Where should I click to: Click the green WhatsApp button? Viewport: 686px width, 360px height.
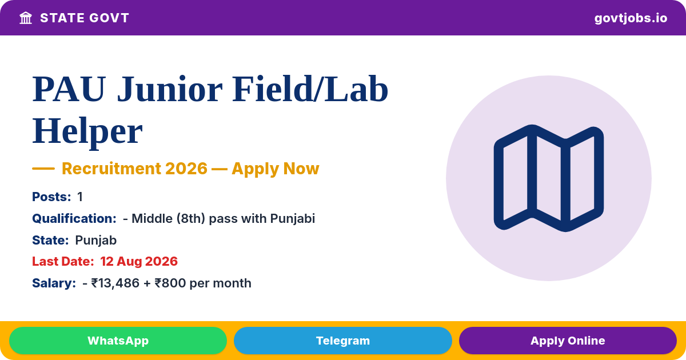(x=118, y=341)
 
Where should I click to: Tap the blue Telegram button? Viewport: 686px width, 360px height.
(x=342, y=341)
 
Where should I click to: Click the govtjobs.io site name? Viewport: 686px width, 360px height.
(x=631, y=18)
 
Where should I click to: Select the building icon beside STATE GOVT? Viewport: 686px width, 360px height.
(x=26, y=18)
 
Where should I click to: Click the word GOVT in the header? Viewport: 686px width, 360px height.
(x=109, y=18)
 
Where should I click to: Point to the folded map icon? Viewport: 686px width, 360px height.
(x=549, y=178)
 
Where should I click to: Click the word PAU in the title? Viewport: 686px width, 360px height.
(x=69, y=89)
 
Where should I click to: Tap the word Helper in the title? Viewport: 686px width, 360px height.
(x=87, y=131)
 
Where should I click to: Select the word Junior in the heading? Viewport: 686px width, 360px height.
(x=170, y=89)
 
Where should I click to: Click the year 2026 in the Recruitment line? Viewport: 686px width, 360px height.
(x=186, y=169)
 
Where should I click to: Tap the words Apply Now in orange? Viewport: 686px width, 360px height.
(x=276, y=169)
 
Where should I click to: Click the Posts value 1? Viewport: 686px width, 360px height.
(x=80, y=197)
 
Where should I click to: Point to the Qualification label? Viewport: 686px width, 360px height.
(x=74, y=218)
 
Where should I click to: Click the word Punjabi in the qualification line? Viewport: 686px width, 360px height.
(x=293, y=218)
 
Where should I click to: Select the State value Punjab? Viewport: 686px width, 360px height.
(x=96, y=241)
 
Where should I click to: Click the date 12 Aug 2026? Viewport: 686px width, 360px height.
(x=139, y=262)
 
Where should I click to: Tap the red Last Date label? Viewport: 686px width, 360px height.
(x=63, y=262)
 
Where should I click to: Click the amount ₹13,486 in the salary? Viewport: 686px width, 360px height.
(x=115, y=283)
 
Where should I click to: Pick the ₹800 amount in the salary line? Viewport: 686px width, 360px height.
(x=170, y=283)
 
